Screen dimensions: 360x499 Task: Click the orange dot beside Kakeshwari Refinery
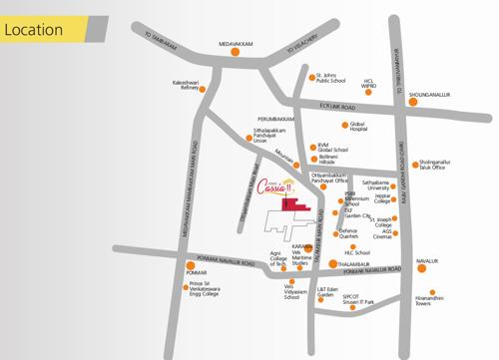(204, 90)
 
